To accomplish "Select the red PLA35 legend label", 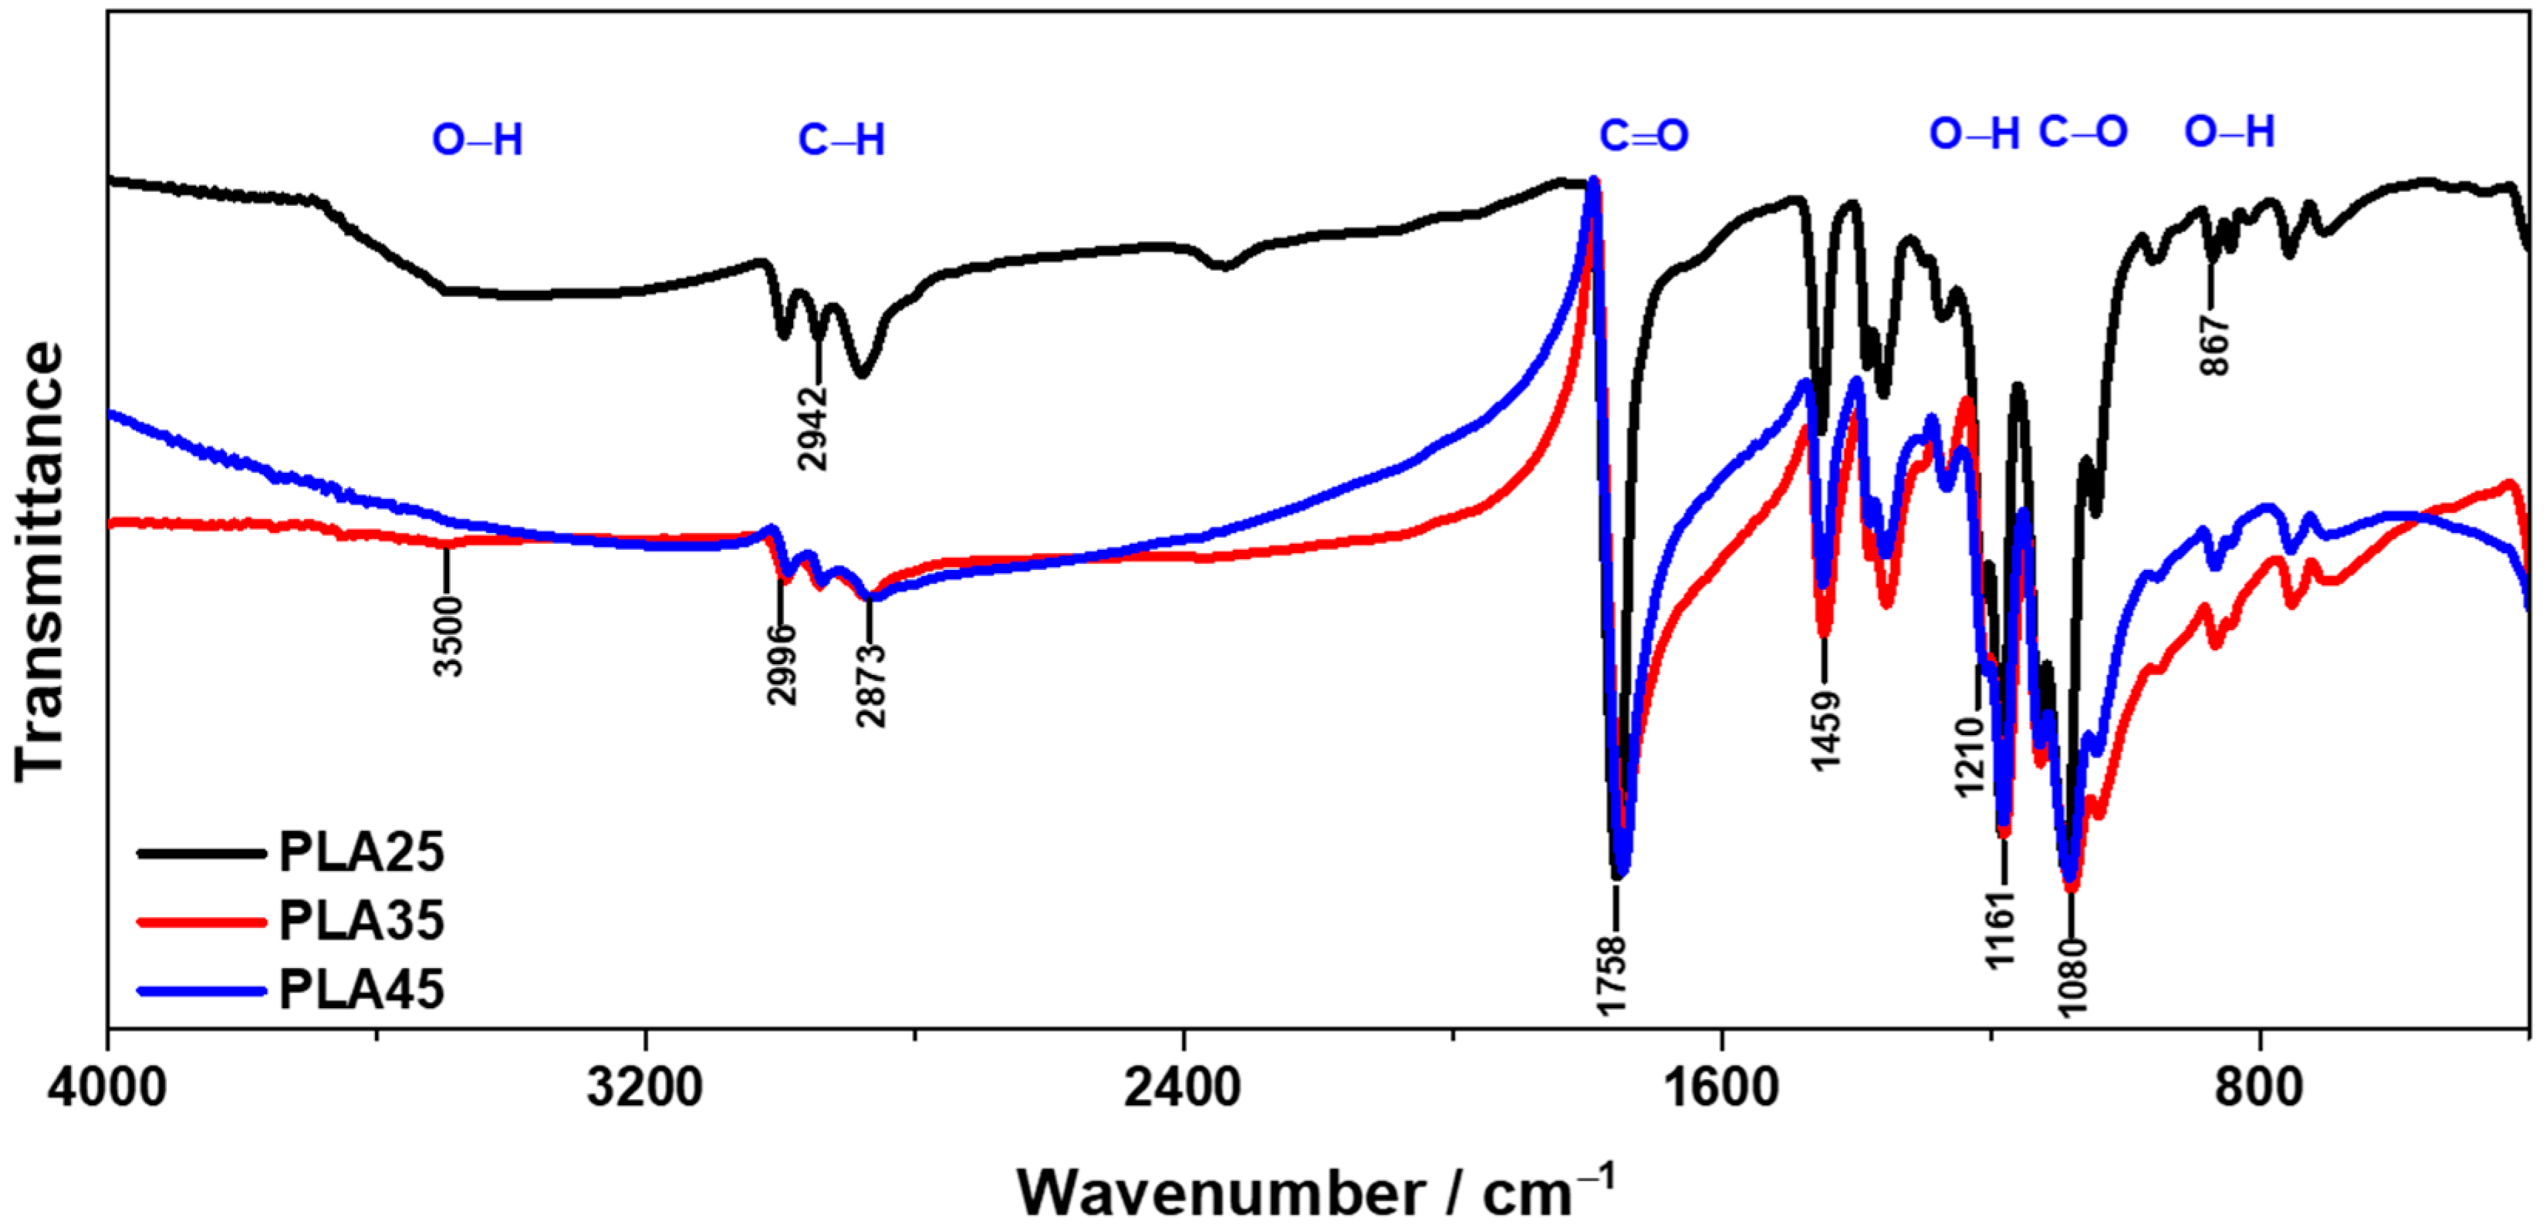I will pyautogui.click(x=361, y=921).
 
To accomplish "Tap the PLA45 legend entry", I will pyautogui.click(x=361, y=989).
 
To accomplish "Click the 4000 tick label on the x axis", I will pyautogui.click(x=106, y=1088).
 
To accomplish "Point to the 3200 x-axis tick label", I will pyautogui.click(x=644, y=1088).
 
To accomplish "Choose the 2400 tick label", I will pyautogui.click(x=1183, y=1088).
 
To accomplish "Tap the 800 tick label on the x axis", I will pyautogui.click(x=2259, y=1088).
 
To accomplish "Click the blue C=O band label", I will pyautogui.click(x=1643, y=137).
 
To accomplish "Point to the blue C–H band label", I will pyautogui.click(x=841, y=140).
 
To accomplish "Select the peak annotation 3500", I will pyautogui.click(x=449, y=636).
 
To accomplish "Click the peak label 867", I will pyautogui.click(x=2214, y=345).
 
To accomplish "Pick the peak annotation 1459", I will pyautogui.click(x=1825, y=731).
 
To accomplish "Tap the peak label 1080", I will pyautogui.click(x=2072, y=976).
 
